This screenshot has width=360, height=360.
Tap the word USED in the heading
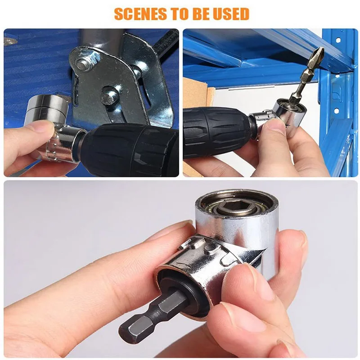coord(231,14)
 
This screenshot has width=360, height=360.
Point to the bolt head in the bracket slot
coord(107,96)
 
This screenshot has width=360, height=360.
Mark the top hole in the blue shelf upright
coord(338,40)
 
